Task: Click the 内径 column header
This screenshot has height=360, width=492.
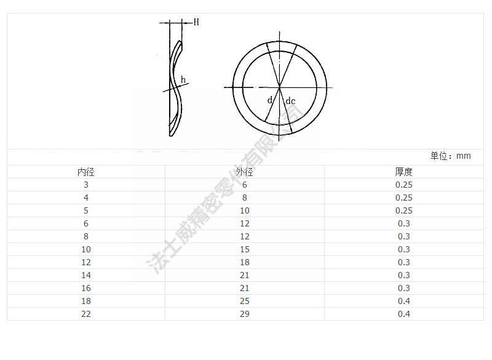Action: click(85, 172)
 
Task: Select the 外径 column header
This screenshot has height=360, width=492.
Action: click(245, 172)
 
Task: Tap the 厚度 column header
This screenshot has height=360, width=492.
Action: click(403, 172)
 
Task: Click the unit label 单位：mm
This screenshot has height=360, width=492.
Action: click(450, 156)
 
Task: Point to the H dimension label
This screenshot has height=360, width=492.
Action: click(196, 22)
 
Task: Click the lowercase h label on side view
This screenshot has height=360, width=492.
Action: click(184, 79)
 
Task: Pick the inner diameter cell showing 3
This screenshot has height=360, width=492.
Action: click(85, 185)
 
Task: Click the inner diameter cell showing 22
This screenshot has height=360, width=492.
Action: click(85, 314)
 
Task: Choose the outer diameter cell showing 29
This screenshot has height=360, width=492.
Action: click(245, 314)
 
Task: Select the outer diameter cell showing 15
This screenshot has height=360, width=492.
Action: click(245, 249)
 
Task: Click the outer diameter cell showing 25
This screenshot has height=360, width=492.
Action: click(245, 301)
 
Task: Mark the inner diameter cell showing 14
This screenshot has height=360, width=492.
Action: click(85, 275)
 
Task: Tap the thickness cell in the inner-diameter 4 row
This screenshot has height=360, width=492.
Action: click(403, 198)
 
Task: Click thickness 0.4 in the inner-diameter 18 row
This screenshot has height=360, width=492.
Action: click(403, 301)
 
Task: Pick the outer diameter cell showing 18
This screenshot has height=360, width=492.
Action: click(245, 262)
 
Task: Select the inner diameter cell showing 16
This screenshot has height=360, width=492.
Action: click(85, 288)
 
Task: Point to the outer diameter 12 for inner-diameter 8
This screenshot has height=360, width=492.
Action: click(245, 236)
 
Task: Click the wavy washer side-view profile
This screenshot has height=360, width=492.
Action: click(174, 89)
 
